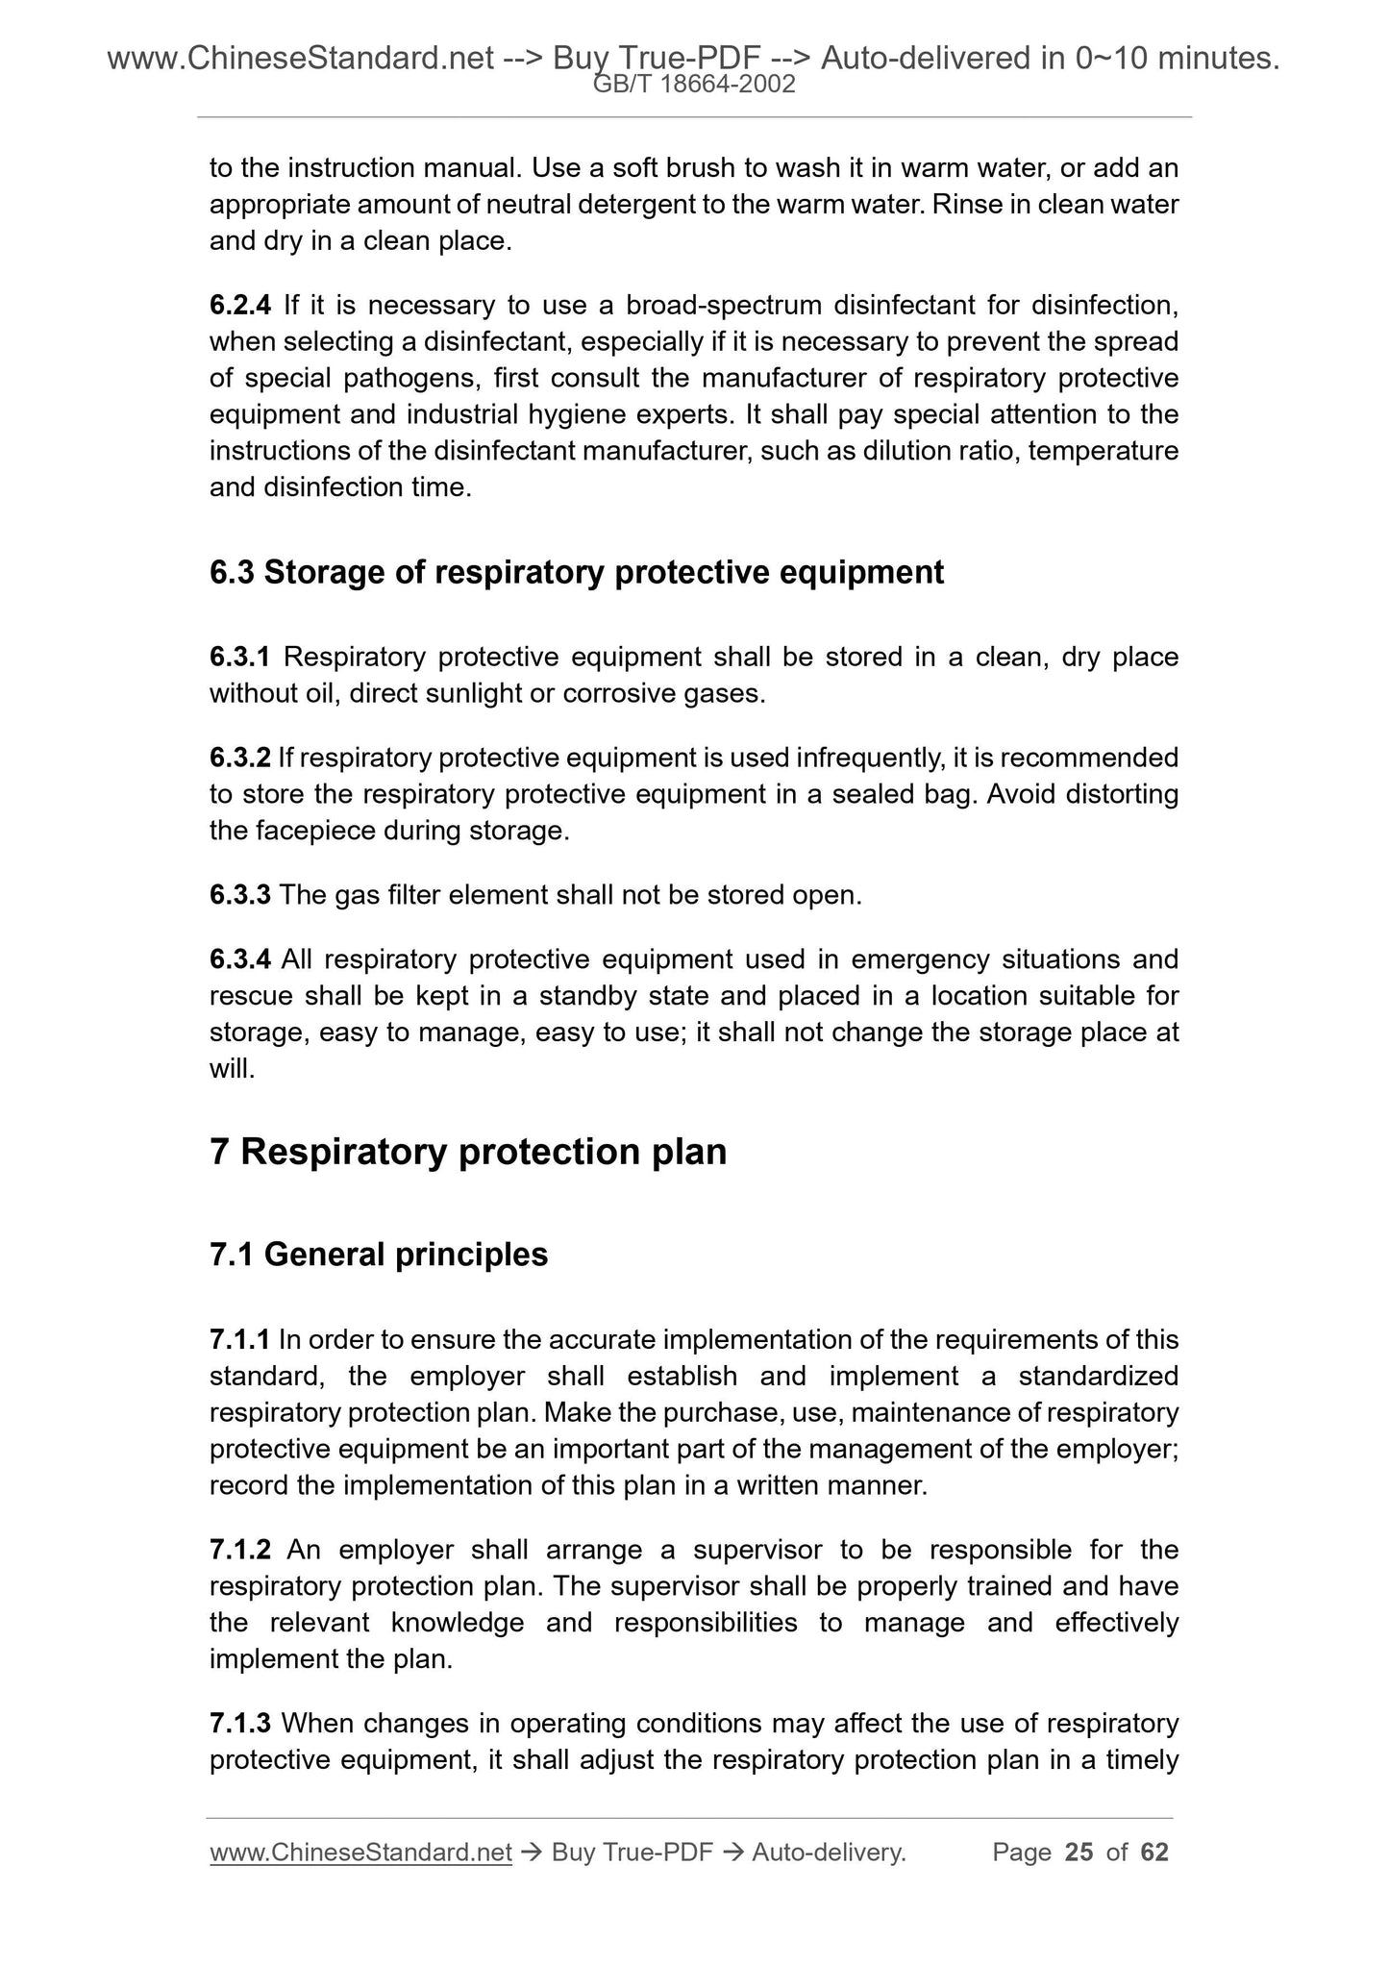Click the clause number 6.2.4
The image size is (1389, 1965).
click(x=240, y=306)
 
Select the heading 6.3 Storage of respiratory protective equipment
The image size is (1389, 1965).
click(x=576, y=573)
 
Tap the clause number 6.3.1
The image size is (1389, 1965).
click(x=240, y=658)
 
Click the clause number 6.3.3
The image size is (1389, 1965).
click(x=240, y=895)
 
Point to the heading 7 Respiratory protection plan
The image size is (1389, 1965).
click(x=468, y=1152)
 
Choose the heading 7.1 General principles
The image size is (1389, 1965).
click(x=379, y=1255)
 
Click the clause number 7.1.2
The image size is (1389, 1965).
click(x=240, y=1550)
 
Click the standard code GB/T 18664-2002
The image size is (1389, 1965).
click(x=694, y=85)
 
